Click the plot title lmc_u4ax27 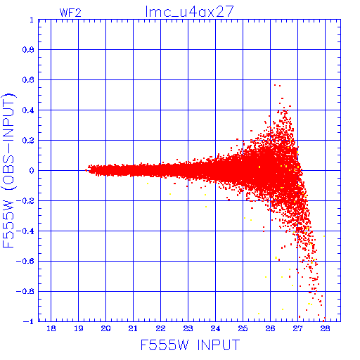189,11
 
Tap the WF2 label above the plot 70,13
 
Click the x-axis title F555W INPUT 190,345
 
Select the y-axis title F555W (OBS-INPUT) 9,170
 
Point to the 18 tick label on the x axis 51,328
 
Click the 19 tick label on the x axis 79,328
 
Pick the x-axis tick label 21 133,328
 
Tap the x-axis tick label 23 188,328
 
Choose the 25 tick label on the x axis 243,328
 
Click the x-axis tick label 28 325,328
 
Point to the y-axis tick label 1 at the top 32,20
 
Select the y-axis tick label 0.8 28,50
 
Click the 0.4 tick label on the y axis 28,110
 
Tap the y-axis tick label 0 32,170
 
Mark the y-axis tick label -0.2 25,201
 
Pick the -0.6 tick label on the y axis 25,261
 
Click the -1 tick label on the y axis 29,321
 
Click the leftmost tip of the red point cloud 85,170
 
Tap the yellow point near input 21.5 148,184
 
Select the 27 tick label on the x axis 297,328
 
